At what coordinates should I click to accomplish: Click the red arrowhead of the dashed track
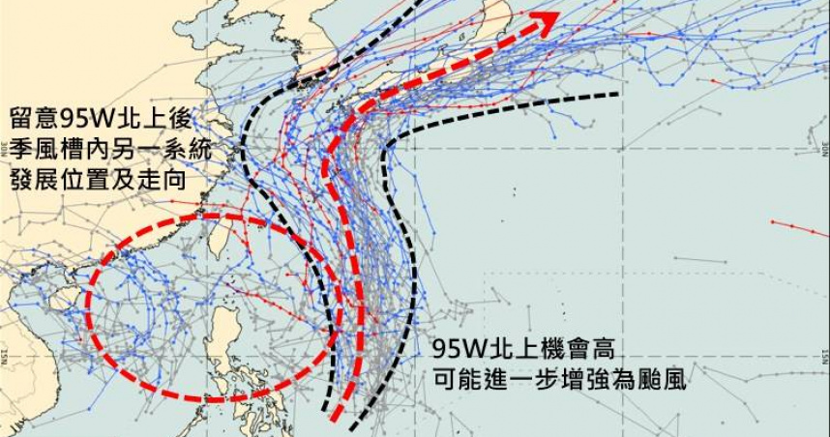click(548, 20)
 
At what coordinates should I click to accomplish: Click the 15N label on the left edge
click(5, 352)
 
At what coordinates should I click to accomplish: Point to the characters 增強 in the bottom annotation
click(589, 380)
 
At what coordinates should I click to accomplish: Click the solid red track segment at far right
click(799, 227)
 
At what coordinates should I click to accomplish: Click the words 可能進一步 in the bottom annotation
click(489, 380)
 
